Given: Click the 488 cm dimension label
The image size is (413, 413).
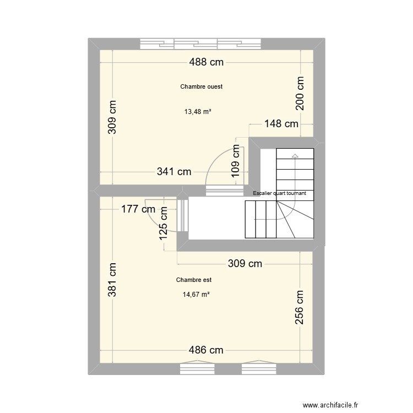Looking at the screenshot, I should point(206,62).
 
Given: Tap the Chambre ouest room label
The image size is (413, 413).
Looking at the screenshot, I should point(201,86).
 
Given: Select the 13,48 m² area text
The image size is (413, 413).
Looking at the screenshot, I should point(198,111).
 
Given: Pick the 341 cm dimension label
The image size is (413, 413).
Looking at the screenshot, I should point(174,172).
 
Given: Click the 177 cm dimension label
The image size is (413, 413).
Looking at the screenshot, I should point(138,209).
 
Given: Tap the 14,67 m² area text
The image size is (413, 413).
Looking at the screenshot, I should point(196,294).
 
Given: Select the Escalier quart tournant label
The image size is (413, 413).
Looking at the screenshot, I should point(279,193).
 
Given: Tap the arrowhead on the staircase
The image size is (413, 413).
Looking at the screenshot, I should point(295,156).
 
